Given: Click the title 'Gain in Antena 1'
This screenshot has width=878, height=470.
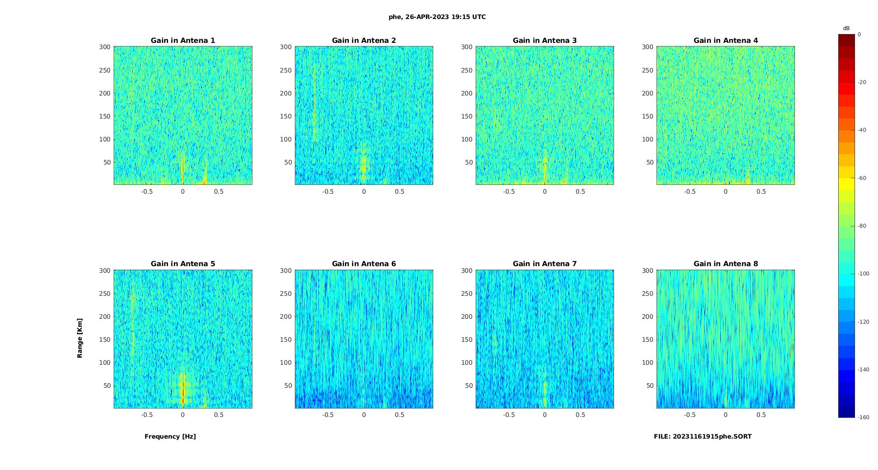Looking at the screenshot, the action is pos(183,41).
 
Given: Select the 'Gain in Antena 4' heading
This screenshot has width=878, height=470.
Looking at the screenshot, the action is pos(725,41).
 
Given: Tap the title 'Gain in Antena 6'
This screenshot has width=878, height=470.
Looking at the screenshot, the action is pos(364,264).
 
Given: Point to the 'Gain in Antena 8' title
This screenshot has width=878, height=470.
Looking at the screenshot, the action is pos(725,264).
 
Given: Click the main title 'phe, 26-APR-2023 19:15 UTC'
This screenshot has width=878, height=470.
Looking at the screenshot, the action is pos(437,17).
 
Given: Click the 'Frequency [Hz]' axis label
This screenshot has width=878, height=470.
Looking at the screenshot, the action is pos(170,436).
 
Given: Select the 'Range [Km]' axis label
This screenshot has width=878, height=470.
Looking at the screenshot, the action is pos(80,338).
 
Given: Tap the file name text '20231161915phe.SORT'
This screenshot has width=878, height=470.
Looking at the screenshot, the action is pos(712,436).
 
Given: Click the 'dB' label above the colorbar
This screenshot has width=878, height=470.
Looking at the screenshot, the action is pos(846,28).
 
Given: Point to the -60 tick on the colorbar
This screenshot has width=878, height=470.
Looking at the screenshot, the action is pos(862,178).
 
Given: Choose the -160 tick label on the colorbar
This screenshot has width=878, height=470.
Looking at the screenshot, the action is pos(863,417).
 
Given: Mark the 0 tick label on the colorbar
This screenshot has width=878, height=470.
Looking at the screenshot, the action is pos(859,34).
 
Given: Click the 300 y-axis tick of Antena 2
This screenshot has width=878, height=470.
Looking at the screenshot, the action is pos(286,47).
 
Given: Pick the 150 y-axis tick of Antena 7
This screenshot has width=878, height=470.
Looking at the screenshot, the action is pos(467,340).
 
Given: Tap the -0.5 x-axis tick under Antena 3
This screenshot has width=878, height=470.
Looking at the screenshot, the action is pos(509,191).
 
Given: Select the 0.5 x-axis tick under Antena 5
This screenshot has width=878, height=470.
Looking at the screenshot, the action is pos(219,415).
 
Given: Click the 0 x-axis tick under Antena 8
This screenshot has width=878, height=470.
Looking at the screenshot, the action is pos(725,415).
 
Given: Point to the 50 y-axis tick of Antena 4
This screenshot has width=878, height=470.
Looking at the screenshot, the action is pos(650,162).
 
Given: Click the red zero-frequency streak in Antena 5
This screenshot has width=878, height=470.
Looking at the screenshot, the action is pos(183,389).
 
